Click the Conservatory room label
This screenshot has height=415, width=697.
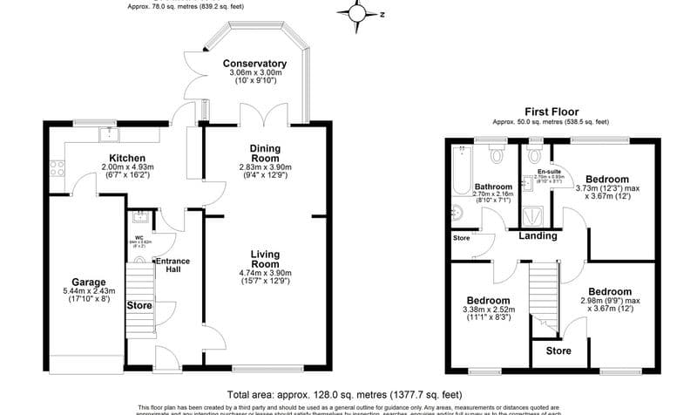(x=254, y=64)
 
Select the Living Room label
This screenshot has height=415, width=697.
(x=265, y=258)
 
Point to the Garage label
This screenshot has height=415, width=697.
(x=89, y=282)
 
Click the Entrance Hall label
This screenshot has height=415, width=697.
(x=173, y=265)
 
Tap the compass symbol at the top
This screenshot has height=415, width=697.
(x=359, y=13)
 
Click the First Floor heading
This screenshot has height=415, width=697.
(x=552, y=112)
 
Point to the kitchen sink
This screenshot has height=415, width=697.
(x=110, y=133)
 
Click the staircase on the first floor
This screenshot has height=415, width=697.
(x=543, y=293)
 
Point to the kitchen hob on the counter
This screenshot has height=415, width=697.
(x=58, y=167)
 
